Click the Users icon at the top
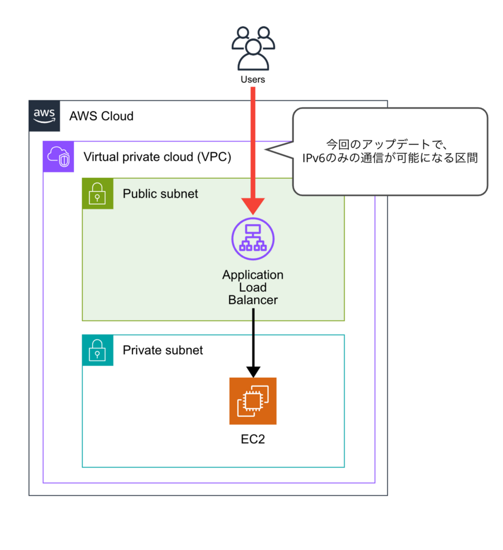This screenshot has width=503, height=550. coord(253,48)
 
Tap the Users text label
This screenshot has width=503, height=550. coord(253,80)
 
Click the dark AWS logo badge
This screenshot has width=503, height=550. coord(44,116)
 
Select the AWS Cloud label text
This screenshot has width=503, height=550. coord(101,116)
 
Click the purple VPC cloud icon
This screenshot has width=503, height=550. coord(58,157)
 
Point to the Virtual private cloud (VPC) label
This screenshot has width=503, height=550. coord(157,157)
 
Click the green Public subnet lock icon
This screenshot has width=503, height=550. coord(98,194)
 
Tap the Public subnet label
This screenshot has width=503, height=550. coord(160,194)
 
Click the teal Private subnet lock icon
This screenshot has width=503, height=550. coord(98,350)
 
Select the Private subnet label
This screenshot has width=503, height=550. coord(163,350)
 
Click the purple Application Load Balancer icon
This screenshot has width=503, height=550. coord(253,239)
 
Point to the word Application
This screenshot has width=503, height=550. coord(253,275)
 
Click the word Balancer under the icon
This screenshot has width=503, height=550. coord(253,300)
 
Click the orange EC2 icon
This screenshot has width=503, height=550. coord(253,401)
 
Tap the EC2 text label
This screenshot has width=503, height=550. coord(253,439)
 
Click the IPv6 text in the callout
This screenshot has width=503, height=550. coord(313,158)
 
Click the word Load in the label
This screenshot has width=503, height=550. coord(253,288)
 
